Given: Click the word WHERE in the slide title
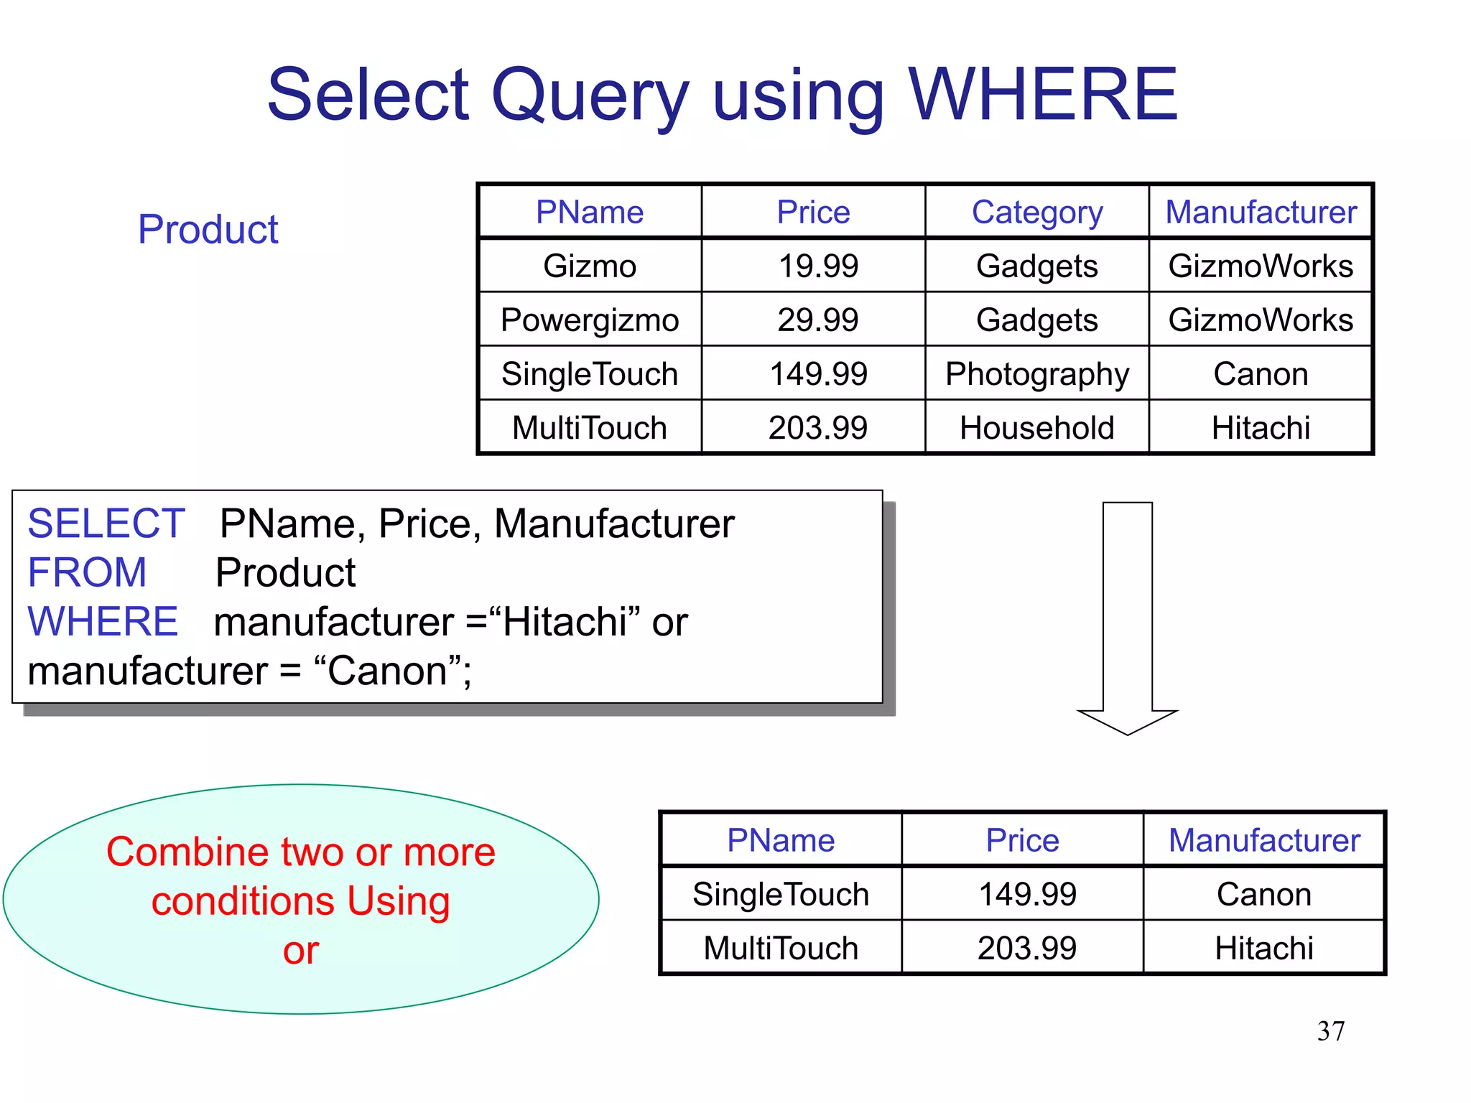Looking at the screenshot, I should pos(1043,95).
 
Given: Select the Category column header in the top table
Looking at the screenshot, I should pos(1037,213).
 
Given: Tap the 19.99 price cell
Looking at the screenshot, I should pos(818,266).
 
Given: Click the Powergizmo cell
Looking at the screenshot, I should pos(590,320).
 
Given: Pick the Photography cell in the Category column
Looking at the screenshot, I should pos(1037,374).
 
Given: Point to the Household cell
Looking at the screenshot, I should pos(1037,428).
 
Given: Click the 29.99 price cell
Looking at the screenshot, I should pos(818,320).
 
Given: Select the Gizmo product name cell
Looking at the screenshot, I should pos(590,266).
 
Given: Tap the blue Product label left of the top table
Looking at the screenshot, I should pos(208,230).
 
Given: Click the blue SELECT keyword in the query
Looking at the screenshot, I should pos(106,523).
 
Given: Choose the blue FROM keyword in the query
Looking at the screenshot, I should pos(87,572).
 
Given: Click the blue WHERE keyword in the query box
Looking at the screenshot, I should pos(103,621).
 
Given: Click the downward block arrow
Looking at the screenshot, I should pos(1127,618).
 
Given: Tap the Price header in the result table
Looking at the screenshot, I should pos(1022,840).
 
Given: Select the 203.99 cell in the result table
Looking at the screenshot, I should pos(1027,949).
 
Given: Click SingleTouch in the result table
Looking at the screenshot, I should pos(781,895).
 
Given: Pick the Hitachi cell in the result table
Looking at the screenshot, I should pos(1264,949).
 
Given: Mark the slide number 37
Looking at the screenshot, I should pos(1331,1031).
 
